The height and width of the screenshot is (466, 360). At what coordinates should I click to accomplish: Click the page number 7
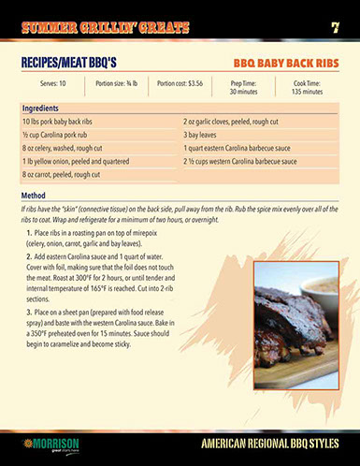334,27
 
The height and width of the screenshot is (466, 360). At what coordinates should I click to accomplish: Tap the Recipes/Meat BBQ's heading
68,64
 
